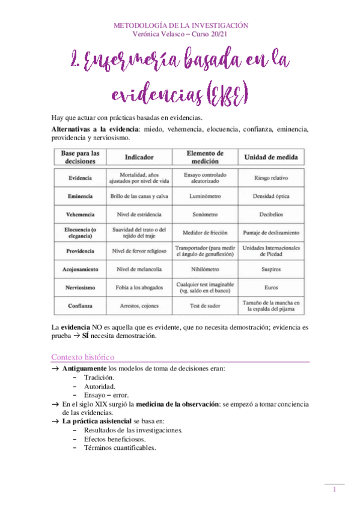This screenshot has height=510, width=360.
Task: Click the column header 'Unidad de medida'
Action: coord(272,157)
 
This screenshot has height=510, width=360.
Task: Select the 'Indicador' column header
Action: coord(139,157)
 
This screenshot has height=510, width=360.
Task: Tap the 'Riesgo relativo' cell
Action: coord(272,179)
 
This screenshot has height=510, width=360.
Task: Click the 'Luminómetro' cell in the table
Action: coord(205,196)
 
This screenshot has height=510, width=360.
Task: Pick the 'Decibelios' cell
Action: coord(272,214)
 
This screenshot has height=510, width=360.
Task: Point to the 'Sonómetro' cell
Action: coord(205,214)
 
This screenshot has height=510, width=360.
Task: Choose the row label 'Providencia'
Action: coord(80,251)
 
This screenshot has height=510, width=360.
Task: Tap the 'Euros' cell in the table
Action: coord(272,287)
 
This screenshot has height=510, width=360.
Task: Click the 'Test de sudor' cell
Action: coord(205,306)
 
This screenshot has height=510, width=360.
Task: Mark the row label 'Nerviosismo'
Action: coord(80,287)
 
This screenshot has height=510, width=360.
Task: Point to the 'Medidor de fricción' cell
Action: coord(205,233)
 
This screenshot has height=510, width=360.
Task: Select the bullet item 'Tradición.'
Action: coord(99,377)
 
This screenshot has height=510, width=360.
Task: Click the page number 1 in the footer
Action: coord(335,491)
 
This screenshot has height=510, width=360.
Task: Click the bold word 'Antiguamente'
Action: coord(84,368)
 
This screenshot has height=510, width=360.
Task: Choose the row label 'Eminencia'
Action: coord(80,196)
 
